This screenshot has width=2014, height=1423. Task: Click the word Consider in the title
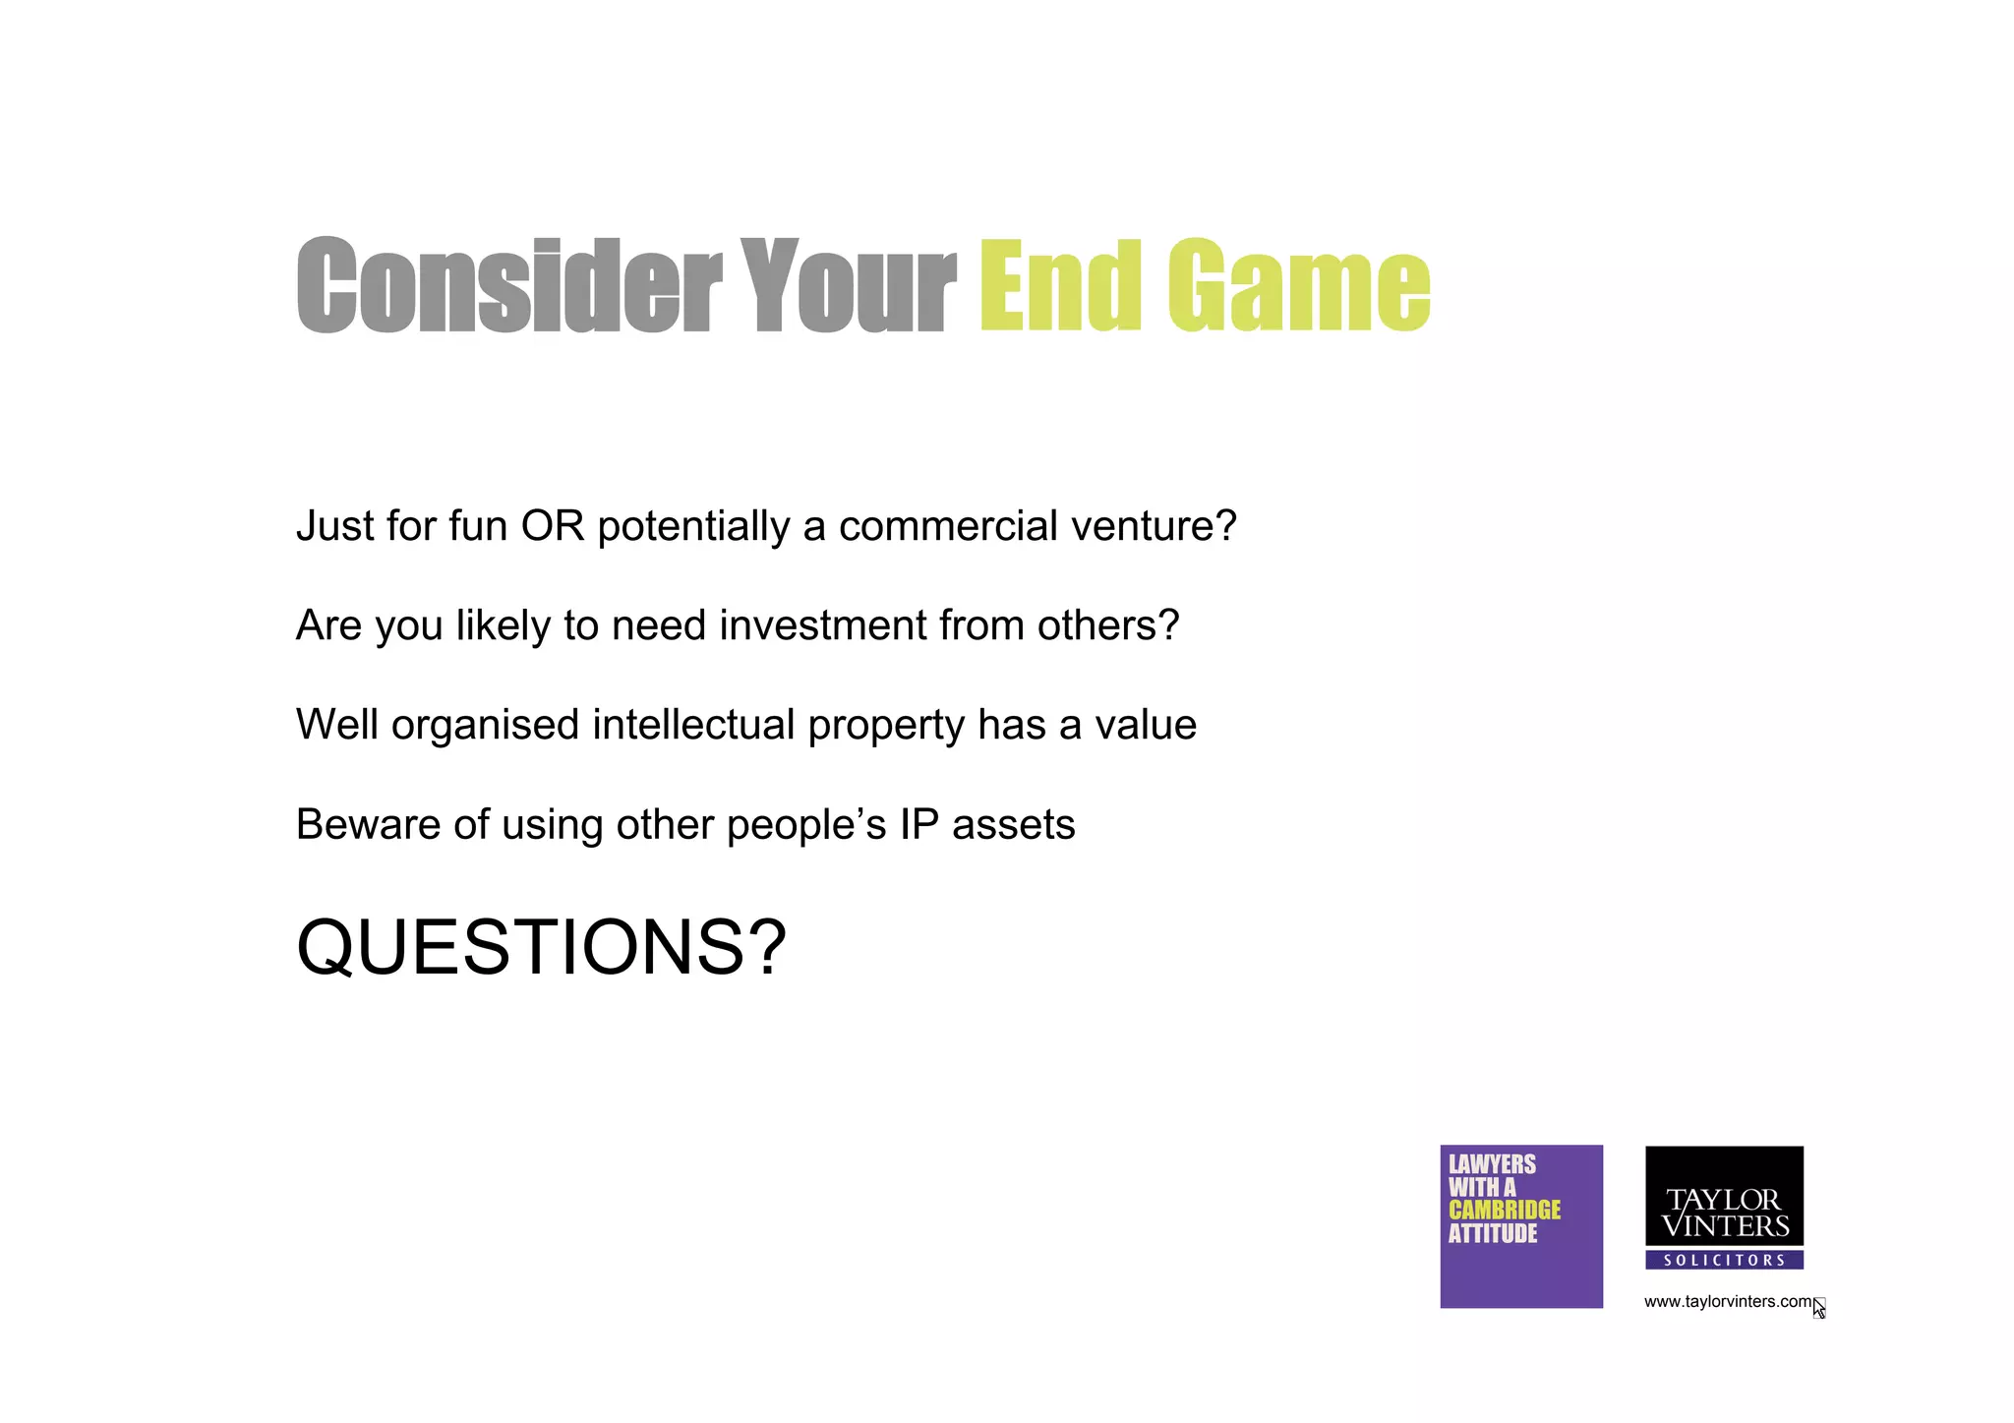(x=508, y=286)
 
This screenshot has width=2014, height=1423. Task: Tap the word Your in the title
(x=847, y=286)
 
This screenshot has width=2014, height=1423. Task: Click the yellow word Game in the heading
(x=1298, y=286)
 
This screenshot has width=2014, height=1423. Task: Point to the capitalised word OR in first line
(x=553, y=526)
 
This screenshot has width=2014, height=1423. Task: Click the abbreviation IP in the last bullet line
(x=918, y=825)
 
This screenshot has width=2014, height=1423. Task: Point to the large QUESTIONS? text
(x=541, y=948)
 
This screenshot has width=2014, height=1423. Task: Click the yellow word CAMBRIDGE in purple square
(x=1504, y=1211)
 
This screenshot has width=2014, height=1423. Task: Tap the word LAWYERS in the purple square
(x=1491, y=1164)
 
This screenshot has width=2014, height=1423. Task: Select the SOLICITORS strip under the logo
(x=1724, y=1260)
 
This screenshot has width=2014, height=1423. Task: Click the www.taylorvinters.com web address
(x=1727, y=1302)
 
